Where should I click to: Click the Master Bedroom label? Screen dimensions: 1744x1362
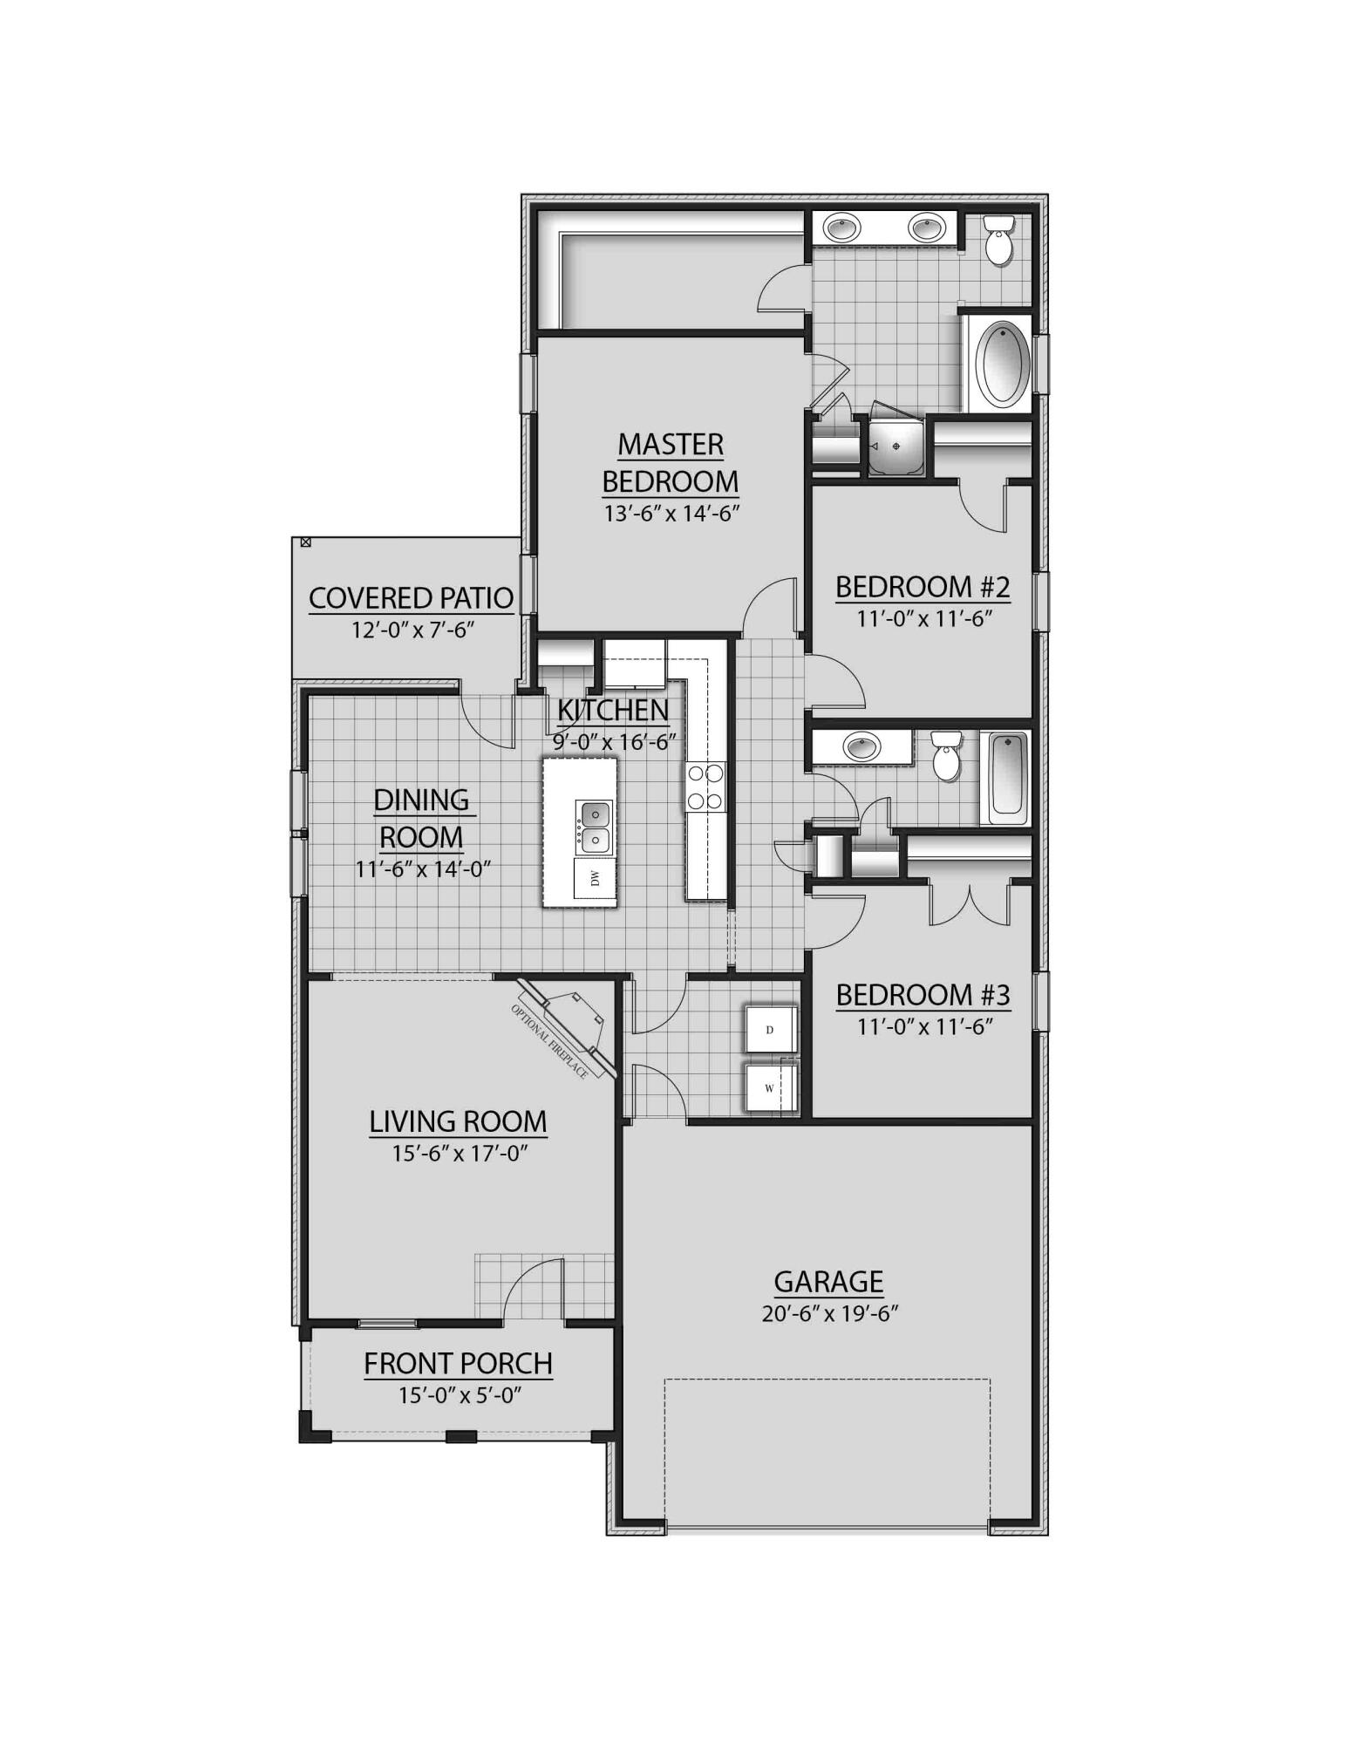[671, 462]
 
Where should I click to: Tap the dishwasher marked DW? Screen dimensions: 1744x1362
[595, 878]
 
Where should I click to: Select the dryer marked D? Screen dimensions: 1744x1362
[770, 1030]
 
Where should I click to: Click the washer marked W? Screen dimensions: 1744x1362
[769, 1088]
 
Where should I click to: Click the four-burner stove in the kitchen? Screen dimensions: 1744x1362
[705, 787]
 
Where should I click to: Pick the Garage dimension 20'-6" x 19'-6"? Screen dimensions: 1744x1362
[829, 1314]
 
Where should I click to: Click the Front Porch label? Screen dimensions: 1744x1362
[458, 1363]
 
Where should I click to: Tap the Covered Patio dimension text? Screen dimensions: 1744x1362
[412, 630]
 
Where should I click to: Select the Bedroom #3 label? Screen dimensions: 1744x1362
[923, 995]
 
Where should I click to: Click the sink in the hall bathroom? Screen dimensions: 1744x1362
[861, 747]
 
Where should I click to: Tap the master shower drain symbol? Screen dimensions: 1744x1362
[896, 446]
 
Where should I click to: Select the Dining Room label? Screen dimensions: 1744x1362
[421, 818]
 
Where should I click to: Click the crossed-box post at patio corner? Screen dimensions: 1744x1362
[305, 542]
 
